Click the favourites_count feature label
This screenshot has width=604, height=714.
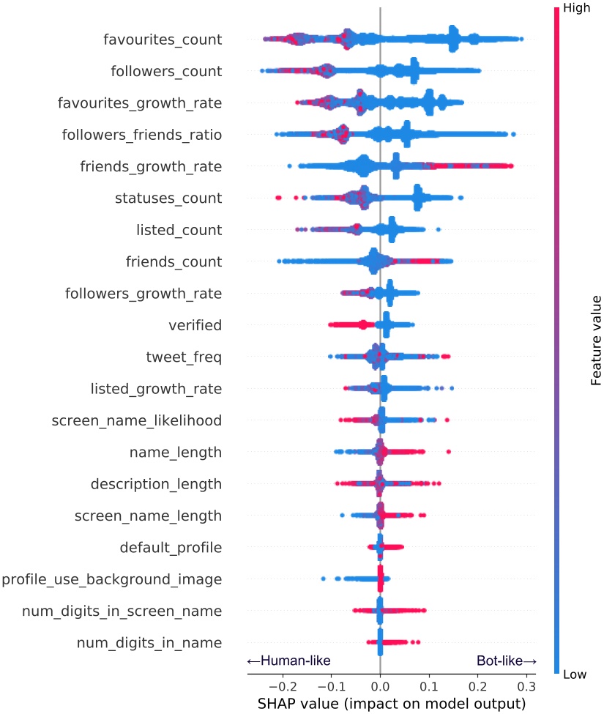click(x=163, y=40)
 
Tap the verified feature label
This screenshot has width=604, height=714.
click(x=195, y=325)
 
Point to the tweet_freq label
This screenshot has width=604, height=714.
click(x=184, y=357)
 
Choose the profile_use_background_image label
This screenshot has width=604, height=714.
click(x=111, y=580)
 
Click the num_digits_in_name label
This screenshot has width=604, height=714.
click(x=149, y=644)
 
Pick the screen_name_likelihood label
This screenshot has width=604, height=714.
click(x=137, y=421)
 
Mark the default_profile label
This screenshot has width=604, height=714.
click(x=171, y=548)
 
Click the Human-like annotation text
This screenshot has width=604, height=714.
click(x=288, y=661)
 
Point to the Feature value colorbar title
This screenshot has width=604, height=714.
click(x=596, y=341)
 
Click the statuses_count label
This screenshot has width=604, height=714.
click(x=168, y=198)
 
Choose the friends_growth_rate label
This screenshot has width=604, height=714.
click(x=151, y=167)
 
